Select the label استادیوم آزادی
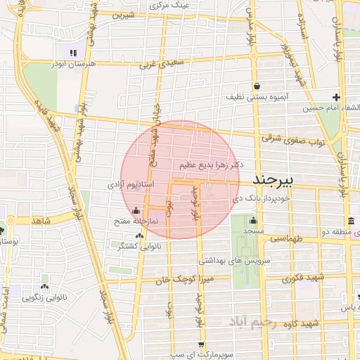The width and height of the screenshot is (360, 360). coord(127,185)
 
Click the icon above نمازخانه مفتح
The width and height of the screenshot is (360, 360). coord(136,210)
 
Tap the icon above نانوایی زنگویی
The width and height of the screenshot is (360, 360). coord(45,286)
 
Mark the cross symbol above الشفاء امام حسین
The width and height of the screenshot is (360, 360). coord(336,97)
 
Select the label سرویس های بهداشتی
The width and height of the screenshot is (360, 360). coord(225,260)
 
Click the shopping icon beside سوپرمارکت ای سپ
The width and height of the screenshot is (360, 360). coord(202,344)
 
